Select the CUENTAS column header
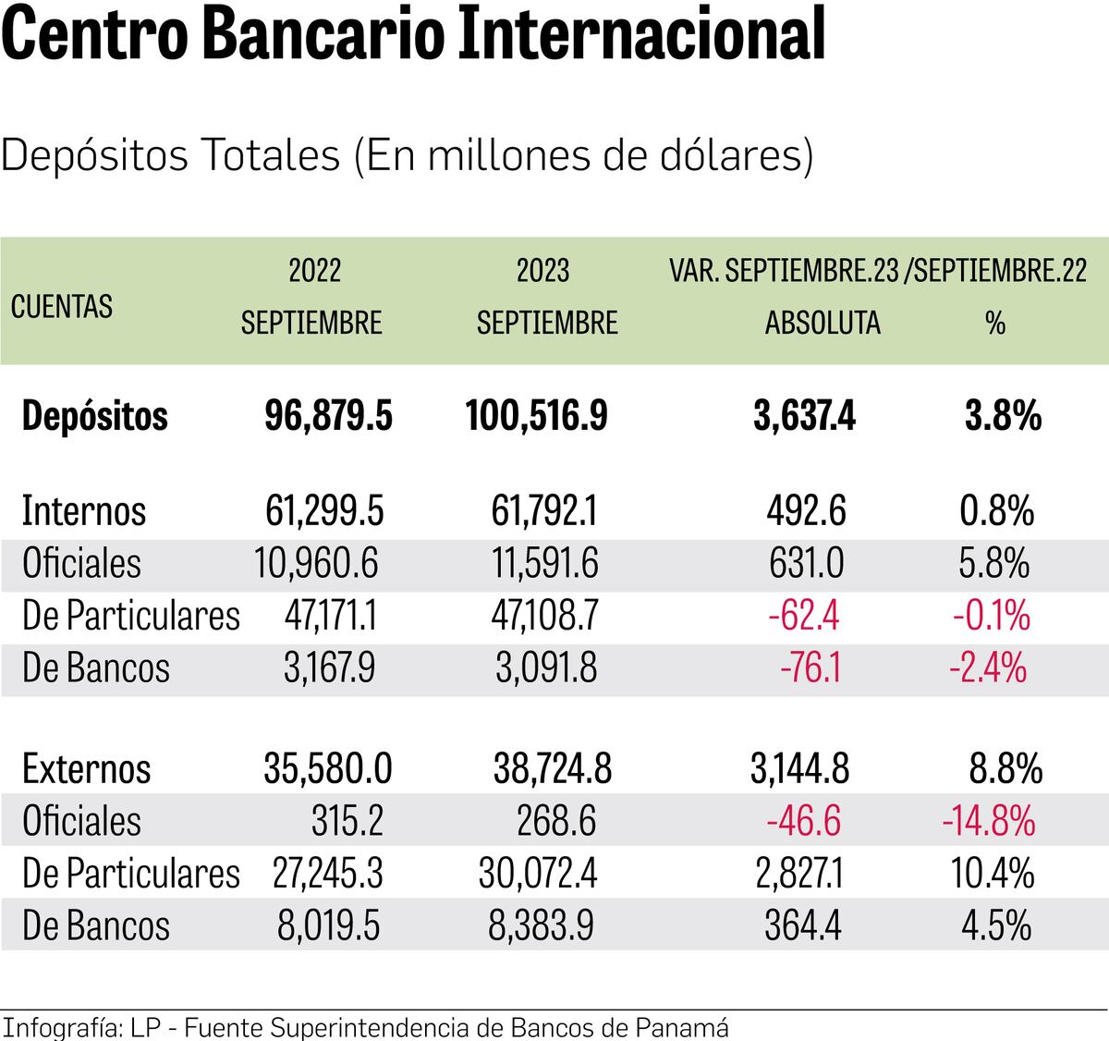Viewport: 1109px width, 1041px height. (x=62, y=306)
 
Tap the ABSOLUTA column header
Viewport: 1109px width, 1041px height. (x=823, y=323)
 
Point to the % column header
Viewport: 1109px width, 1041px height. (x=994, y=323)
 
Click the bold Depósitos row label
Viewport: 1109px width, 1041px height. (x=94, y=416)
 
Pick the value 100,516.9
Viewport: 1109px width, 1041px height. (x=536, y=416)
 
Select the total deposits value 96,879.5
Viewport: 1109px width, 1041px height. (x=328, y=416)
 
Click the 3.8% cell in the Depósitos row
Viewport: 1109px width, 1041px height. (x=1003, y=416)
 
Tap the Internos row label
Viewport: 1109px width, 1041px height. (x=84, y=511)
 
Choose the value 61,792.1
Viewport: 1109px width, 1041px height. (x=543, y=511)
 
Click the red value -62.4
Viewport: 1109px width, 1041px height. (x=803, y=616)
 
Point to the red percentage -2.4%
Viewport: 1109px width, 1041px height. (x=988, y=667)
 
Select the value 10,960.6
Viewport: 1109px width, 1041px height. (x=316, y=564)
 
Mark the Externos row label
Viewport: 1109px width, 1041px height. (x=86, y=769)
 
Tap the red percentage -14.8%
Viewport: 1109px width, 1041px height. (x=988, y=821)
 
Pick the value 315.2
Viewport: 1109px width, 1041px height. (x=347, y=821)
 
